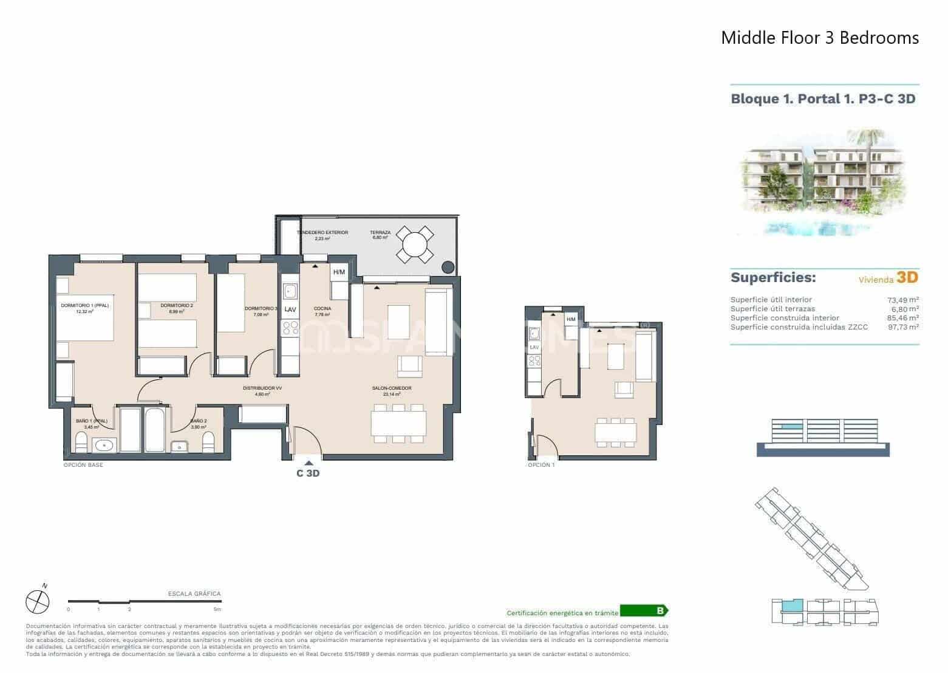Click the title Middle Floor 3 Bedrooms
(x=819, y=38)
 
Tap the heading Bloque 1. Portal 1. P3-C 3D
(x=823, y=98)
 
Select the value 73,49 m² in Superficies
(x=902, y=300)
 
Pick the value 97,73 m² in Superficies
(x=902, y=327)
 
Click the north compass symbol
(x=37, y=602)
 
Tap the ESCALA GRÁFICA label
(x=194, y=594)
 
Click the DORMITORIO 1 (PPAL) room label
(x=84, y=306)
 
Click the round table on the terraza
(x=415, y=246)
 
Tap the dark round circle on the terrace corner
(x=448, y=266)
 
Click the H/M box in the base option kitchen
(x=339, y=272)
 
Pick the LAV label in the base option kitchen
(x=290, y=309)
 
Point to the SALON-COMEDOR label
(x=392, y=388)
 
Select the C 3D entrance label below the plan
(x=308, y=474)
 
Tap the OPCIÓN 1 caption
(x=541, y=465)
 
